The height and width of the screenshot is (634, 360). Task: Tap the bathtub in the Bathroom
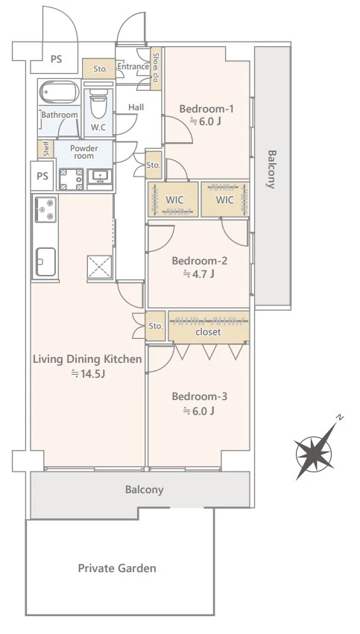(x=60, y=92)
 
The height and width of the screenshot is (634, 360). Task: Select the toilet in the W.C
(x=98, y=104)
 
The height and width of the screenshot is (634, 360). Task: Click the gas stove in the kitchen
(x=45, y=209)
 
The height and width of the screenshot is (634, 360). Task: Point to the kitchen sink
(x=45, y=261)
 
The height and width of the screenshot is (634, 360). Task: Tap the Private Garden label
(x=117, y=568)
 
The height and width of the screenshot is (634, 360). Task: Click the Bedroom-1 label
(x=206, y=109)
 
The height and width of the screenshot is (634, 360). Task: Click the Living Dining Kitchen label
(x=87, y=359)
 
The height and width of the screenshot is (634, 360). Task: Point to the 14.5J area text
(x=88, y=373)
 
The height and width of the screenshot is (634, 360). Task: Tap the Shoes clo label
(x=156, y=68)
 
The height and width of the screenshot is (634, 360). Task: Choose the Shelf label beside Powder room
(x=45, y=149)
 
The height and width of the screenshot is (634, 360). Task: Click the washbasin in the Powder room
(x=100, y=177)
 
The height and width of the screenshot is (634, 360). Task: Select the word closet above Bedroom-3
(x=208, y=332)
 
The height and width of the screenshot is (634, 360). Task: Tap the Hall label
(x=136, y=107)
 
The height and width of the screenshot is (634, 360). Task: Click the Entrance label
(x=133, y=66)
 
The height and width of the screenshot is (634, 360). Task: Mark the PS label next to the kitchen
(x=42, y=176)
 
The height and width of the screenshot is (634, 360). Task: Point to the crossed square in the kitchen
(x=100, y=267)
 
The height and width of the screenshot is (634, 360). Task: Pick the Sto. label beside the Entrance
(x=101, y=69)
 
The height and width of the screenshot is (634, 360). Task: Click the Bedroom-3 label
(x=200, y=396)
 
